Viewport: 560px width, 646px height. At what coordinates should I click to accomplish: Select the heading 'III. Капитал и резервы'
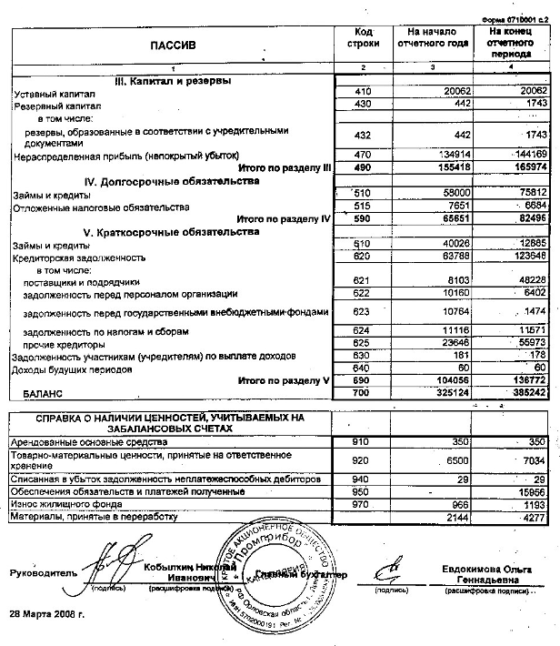(x=173, y=81)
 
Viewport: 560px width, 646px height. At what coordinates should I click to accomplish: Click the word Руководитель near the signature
(x=40, y=572)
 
